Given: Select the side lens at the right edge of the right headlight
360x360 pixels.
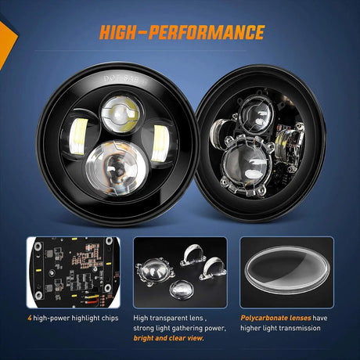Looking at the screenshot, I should click(290, 142).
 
